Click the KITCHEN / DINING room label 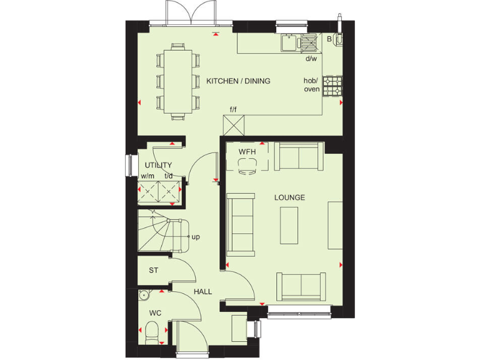(238, 81)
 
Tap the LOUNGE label (289, 197)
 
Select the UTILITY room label (158, 165)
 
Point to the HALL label (202, 292)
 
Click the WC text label (154, 312)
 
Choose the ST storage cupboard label (153, 271)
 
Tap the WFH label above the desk (247, 152)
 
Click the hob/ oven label (311, 85)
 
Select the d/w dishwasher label (311, 59)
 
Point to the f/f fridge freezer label (233, 110)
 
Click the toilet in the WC (149, 331)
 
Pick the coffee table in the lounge (289, 225)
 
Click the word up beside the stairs (196, 237)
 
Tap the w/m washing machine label (147, 176)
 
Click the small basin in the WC (144, 295)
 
